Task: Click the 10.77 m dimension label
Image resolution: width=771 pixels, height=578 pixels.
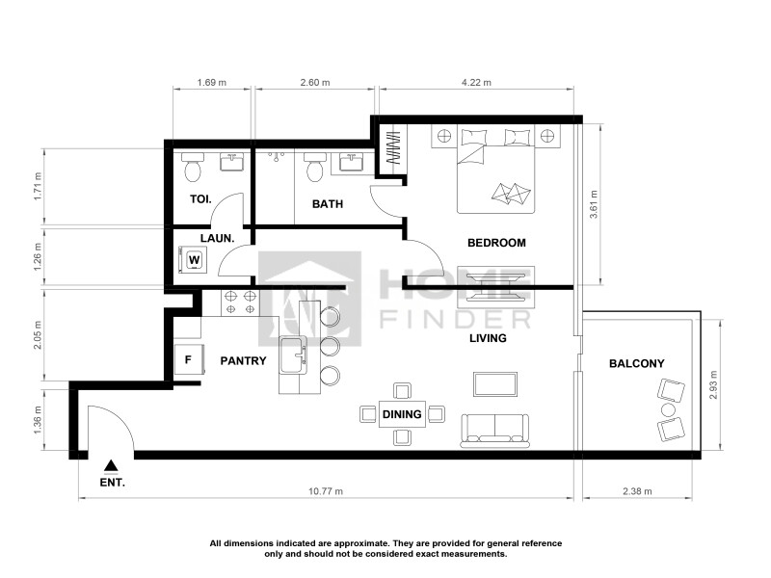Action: [326, 491]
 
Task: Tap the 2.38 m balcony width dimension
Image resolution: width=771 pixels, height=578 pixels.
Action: [637, 491]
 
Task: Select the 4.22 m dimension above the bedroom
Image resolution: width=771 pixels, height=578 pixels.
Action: [476, 83]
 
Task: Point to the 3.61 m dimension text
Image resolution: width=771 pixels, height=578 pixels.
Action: [594, 204]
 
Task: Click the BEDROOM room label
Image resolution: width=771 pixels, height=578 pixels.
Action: [496, 243]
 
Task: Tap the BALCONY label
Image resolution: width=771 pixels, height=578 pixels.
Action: [637, 364]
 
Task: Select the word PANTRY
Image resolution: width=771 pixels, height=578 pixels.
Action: [243, 360]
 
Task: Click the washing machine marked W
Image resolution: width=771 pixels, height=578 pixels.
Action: [194, 259]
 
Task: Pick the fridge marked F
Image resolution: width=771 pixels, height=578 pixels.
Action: [188, 359]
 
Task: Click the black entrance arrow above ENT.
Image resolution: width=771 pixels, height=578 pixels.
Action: [112, 465]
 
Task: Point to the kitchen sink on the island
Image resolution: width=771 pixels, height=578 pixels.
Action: [293, 355]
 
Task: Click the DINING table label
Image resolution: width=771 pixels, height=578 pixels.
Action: [402, 414]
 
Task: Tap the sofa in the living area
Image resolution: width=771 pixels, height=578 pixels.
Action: [494, 431]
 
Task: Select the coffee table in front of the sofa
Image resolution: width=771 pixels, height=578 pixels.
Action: [495, 383]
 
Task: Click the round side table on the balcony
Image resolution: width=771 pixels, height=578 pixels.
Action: [668, 409]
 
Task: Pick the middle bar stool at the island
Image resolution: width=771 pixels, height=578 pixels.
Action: [330, 346]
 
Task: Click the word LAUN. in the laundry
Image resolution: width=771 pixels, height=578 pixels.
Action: [218, 238]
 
